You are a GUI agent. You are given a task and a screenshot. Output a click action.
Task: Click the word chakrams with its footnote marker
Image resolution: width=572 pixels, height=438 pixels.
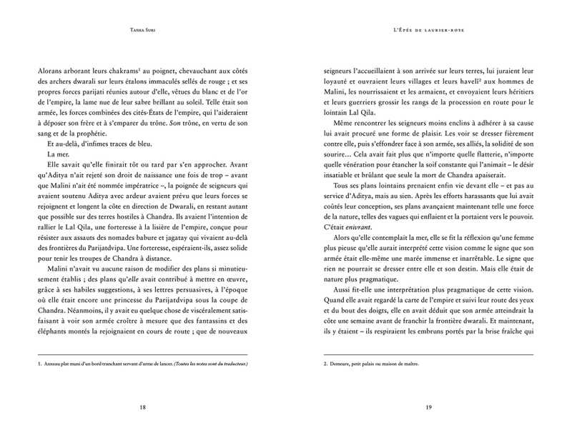(x=136, y=71)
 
